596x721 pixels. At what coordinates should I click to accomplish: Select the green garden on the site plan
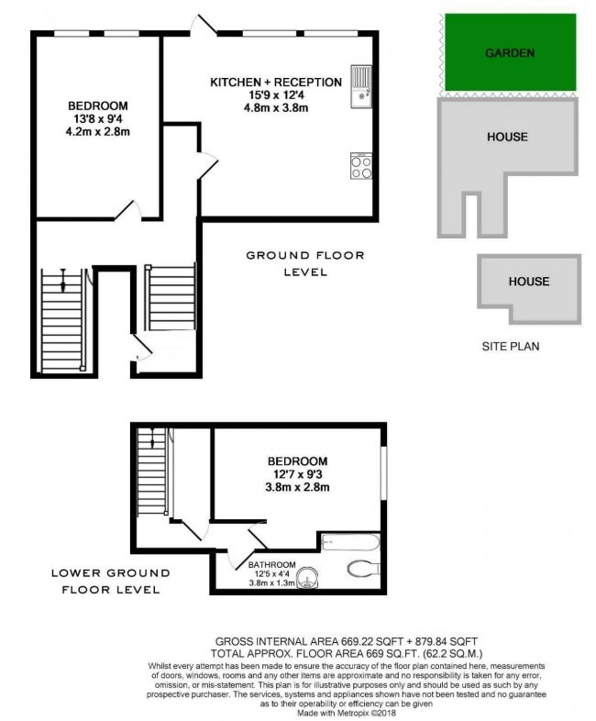tap(509, 53)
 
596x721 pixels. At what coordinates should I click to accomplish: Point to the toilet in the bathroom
tap(363, 569)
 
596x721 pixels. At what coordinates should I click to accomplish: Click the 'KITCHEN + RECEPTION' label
tap(276, 83)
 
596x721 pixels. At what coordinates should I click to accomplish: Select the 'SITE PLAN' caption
tap(511, 348)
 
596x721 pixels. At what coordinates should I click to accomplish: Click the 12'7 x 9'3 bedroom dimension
tap(298, 474)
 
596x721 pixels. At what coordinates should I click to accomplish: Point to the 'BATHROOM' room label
tap(273, 563)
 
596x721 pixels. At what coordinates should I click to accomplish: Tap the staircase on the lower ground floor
tap(152, 474)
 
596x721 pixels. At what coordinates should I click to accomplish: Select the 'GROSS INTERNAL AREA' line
tap(347, 639)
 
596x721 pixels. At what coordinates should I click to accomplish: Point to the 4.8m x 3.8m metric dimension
tap(276, 106)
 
